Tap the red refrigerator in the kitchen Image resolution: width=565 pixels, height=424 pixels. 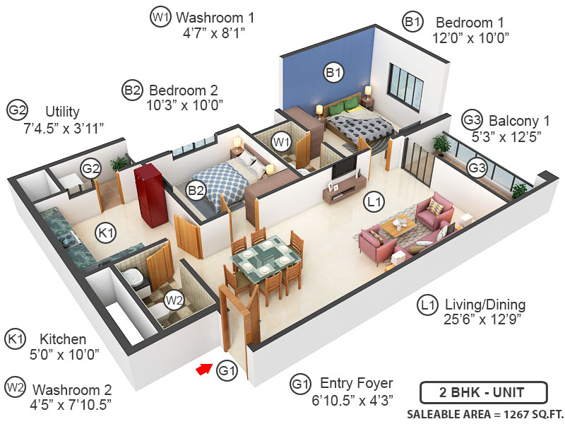150,194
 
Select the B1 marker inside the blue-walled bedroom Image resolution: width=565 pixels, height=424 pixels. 333,71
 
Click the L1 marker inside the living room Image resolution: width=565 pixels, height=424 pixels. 374,203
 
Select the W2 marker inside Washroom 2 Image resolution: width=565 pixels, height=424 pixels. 174,300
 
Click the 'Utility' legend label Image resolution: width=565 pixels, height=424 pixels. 62,112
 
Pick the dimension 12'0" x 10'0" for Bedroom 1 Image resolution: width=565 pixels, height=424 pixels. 471,37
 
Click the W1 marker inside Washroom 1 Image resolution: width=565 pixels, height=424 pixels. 282,142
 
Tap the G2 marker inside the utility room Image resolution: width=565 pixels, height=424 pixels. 90,169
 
